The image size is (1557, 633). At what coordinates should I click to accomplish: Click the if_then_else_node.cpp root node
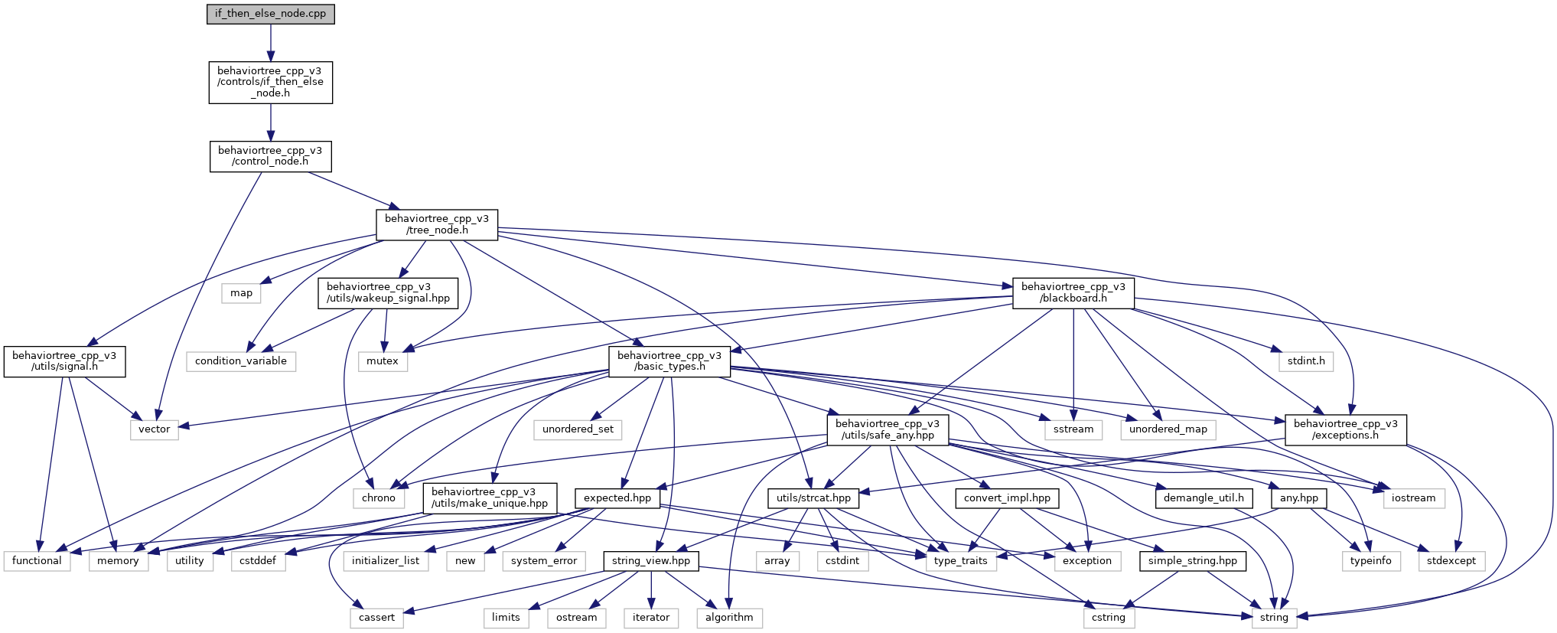tap(271, 14)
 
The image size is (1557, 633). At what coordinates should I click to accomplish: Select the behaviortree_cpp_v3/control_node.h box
tap(270, 156)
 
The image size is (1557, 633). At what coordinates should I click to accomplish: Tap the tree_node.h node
tap(437, 224)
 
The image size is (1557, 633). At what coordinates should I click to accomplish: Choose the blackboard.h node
tap(1073, 292)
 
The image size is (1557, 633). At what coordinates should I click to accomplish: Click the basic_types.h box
tap(669, 361)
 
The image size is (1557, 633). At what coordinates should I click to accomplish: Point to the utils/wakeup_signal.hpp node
tap(388, 292)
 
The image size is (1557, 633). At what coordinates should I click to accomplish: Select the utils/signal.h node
tap(65, 361)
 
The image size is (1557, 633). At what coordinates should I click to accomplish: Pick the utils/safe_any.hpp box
tap(888, 429)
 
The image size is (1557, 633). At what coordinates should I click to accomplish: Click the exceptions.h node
tap(1346, 429)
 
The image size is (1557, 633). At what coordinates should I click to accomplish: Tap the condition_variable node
tap(241, 361)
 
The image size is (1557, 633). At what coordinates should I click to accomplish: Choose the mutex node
tap(383, 361)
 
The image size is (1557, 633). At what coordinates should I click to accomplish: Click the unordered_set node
tap(578, 429)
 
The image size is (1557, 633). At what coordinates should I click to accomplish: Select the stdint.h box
tap(1306, 361)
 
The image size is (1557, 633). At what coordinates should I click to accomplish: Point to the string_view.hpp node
tap(651, 561)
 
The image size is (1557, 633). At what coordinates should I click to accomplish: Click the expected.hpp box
tap(617, 498)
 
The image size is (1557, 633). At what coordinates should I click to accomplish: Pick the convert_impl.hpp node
tap(1007, 498)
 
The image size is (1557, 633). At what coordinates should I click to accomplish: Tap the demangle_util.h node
tap(1204, 498)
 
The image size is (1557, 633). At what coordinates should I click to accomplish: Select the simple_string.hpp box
tap(1193, 561)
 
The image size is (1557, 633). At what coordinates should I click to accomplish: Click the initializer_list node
tap(386, 561)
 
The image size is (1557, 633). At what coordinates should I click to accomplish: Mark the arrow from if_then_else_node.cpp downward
tap(271, 43)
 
